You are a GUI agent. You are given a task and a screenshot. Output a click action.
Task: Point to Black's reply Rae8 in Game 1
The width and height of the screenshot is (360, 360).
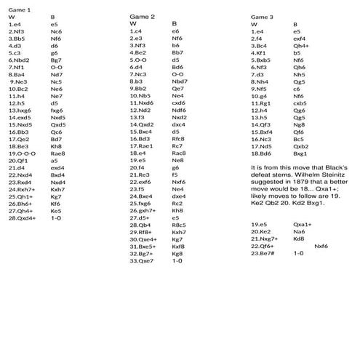click(x=59, y=153)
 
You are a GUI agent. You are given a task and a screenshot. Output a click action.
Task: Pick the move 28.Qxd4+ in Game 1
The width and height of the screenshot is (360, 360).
click(x=23, y=217)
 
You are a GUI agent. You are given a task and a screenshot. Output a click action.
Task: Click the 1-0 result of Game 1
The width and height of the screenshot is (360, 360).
click(x=56, y=217)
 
